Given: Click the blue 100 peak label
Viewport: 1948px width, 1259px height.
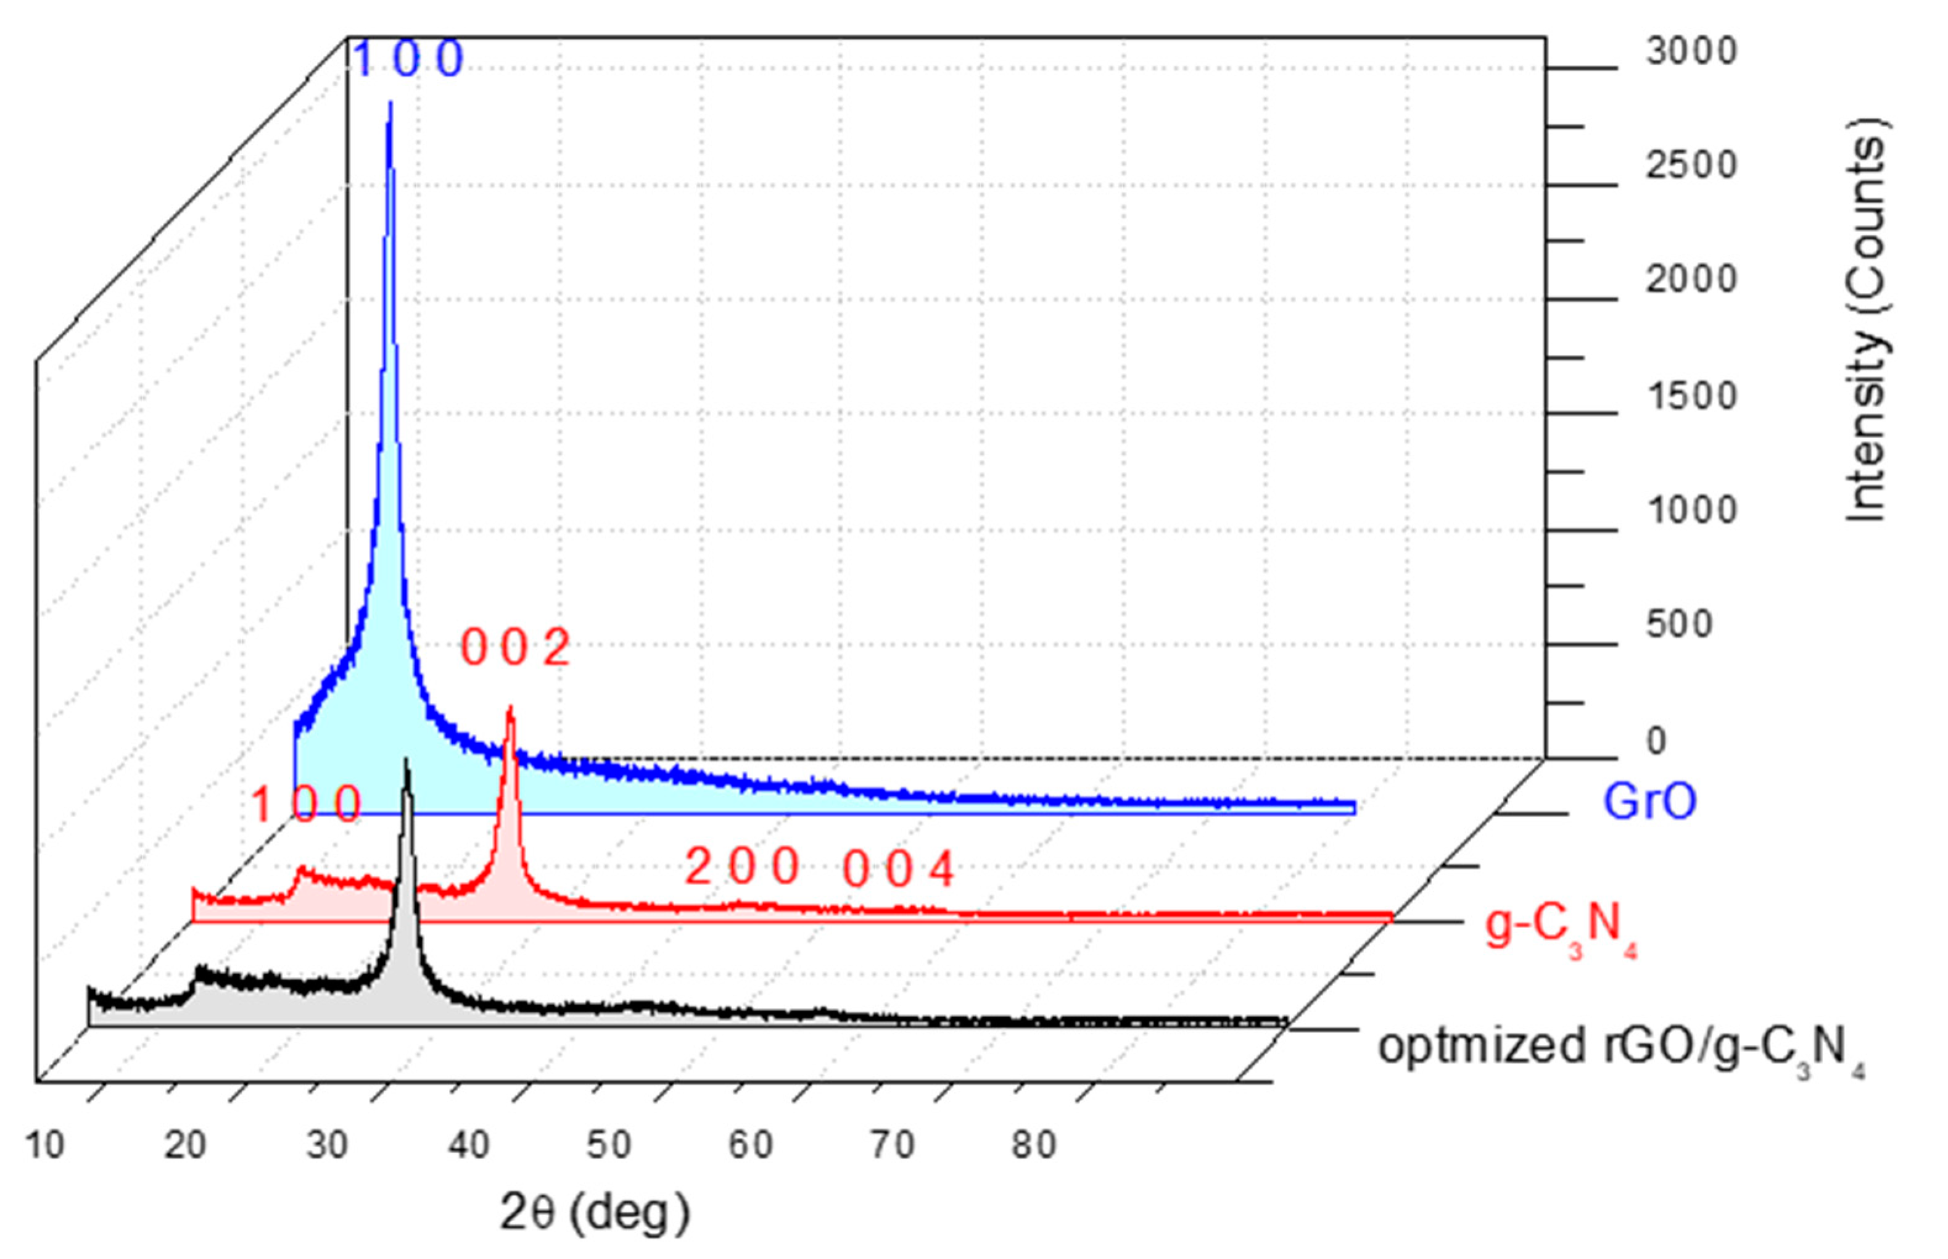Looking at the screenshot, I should click(408, 60).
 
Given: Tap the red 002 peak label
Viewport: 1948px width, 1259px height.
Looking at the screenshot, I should click(515, 648).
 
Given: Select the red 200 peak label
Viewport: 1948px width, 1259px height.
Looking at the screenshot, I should click(742, 866).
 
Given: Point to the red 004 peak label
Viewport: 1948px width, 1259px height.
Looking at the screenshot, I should click(899, 869).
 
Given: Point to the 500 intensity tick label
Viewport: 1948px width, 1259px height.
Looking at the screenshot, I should click(1678, 625).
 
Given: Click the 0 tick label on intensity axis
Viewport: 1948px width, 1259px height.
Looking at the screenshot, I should click(1656, 741).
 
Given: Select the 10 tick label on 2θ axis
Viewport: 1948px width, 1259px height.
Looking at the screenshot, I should click(45, 1145).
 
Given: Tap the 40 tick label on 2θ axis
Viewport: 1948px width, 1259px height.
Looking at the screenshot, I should click(469, 1145).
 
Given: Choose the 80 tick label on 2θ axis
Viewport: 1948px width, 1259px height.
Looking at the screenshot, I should click(1034, 1145).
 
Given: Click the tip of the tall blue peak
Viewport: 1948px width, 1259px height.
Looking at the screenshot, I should click(390, 103).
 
